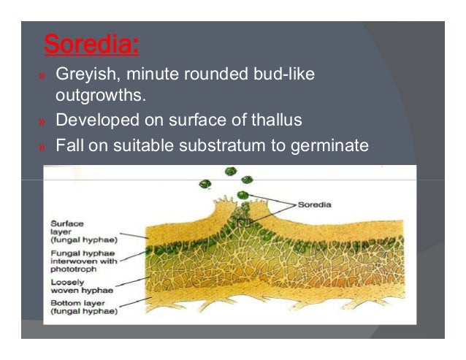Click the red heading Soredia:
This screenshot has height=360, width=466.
(91, 45)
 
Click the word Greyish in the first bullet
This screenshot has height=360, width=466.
(82, 76)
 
